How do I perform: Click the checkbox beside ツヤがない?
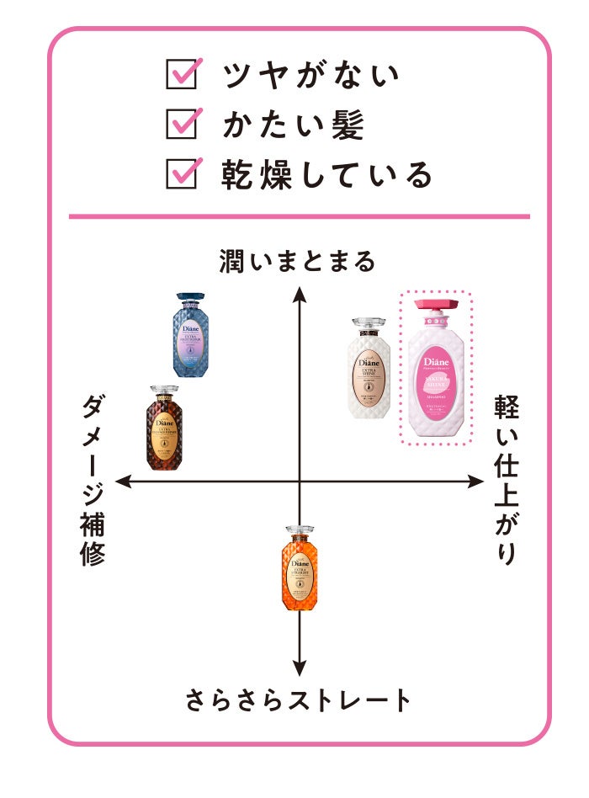coord(182,75)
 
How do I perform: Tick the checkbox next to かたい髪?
coord(182,124)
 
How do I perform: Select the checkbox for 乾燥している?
coord(182,173)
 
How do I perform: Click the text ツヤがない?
coord(310,76)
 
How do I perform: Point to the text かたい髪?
coord(293,125)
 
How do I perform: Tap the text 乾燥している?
coord(327,174)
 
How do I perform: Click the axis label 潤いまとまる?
coord(297,262)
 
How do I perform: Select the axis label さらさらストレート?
coord(299,700)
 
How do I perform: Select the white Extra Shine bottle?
coord(369,367)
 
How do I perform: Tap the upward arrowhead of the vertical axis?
coord(298,293)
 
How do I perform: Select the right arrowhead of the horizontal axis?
coord(477,481)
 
